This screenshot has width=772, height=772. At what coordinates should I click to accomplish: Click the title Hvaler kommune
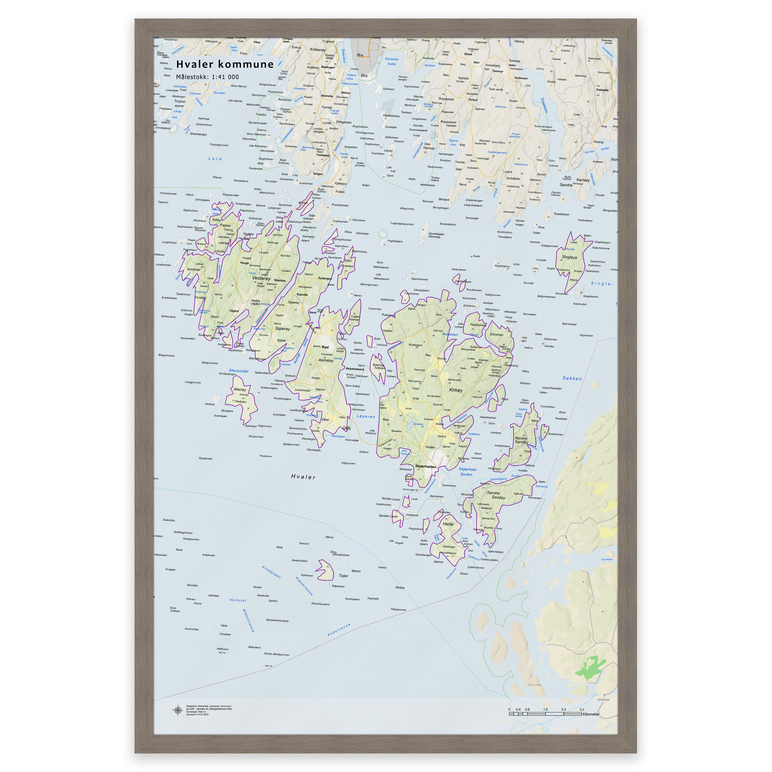225,64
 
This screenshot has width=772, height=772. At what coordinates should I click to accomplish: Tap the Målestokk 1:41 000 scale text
207,77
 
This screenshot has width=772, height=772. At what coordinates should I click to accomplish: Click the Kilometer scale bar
545,714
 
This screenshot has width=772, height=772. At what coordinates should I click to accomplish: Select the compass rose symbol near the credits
178,710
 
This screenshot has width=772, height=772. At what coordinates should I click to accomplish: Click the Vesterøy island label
261,278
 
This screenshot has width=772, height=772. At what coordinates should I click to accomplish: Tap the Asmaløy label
326,360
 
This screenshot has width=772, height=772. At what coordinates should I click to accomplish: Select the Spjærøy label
282,328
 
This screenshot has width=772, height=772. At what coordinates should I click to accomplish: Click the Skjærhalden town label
426,466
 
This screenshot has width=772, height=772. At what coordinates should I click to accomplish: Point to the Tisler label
343,576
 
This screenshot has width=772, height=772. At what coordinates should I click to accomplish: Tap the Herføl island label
448,524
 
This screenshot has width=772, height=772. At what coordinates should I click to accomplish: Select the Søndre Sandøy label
496,495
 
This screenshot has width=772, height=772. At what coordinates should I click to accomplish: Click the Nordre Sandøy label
521,440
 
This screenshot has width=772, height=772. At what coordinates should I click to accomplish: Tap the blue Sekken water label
572,378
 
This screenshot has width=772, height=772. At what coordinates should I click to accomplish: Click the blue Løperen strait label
366,417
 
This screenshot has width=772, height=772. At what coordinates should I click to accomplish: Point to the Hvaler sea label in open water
303,477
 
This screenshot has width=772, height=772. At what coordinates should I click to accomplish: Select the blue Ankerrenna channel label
339,630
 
